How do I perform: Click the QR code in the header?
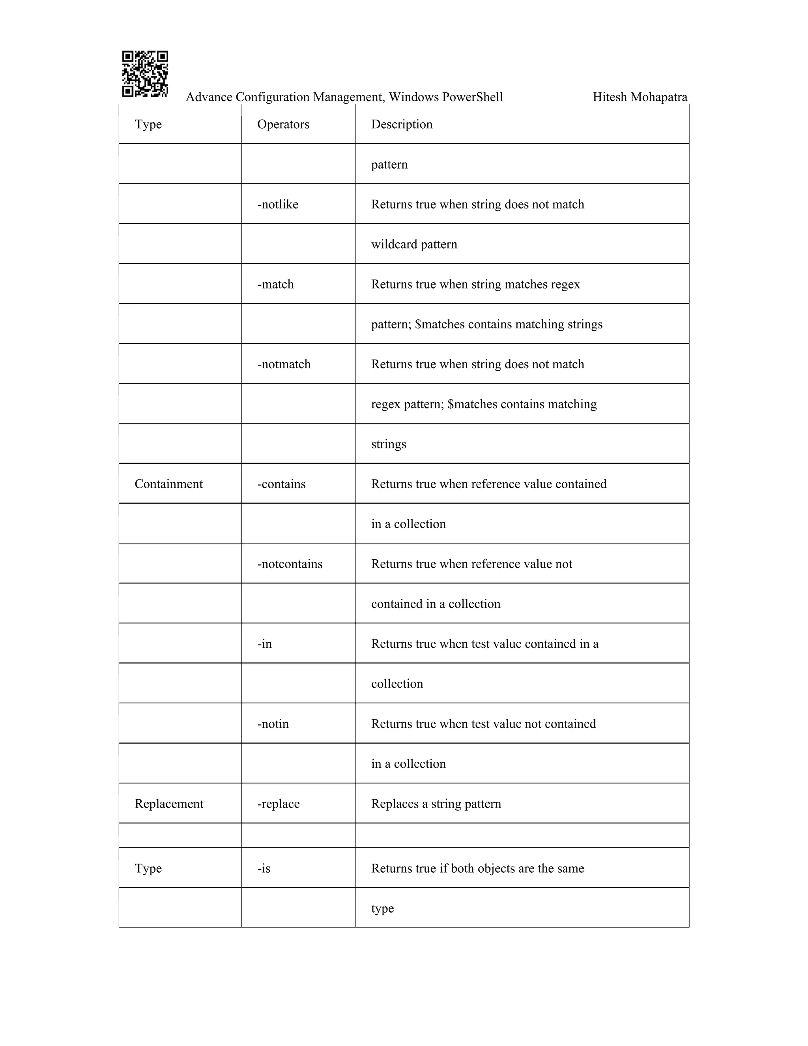(144, 74)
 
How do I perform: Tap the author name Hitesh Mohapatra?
(640, 97)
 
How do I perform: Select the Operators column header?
(283, 124)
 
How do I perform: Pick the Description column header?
(402, 124)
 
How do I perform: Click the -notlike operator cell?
(278, 204)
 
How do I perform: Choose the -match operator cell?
(275, 285)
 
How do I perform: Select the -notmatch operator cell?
(284, 364)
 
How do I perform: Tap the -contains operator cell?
(281, 484)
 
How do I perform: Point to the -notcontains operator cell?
(290, 564)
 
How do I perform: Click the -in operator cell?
(264, 644)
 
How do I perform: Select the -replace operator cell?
(278, 804)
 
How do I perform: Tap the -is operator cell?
(264, 868)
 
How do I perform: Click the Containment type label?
(168, 484)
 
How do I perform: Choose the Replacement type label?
(169, 804)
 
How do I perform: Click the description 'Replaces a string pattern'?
(436, 804)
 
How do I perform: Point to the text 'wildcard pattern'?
(414, 245)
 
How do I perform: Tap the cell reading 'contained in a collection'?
(436, 604)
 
